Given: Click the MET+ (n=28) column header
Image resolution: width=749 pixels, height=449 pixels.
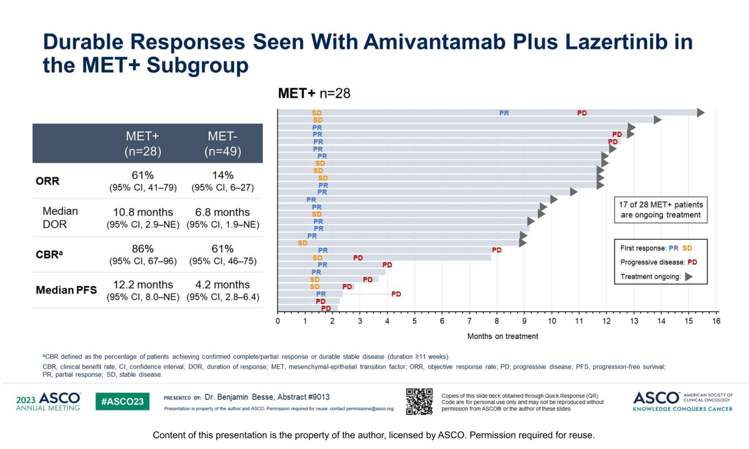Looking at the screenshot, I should pos(143,143).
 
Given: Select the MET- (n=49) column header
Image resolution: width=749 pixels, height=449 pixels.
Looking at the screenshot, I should pos(223,143).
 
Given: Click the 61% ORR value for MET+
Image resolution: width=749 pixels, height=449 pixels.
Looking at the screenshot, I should pos(143,175).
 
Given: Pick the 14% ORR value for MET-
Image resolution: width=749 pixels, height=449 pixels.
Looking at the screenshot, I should pos(223,175).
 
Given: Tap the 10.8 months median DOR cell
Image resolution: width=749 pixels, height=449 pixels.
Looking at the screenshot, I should pos(143,212).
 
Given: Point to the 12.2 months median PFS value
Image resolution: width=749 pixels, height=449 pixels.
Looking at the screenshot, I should pos(143,285).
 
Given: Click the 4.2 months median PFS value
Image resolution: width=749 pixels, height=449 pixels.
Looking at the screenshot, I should pos(223,285).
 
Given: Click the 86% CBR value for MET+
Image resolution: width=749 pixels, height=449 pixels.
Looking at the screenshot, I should pos(143,248).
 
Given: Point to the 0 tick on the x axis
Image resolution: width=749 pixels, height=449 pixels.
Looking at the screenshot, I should pos(277,321).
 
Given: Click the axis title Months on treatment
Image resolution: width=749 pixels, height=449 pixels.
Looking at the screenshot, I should pos(503,336).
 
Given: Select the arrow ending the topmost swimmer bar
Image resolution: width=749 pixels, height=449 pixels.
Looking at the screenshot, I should pos(700,113).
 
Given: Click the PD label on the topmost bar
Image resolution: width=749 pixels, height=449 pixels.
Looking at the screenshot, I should pos(582,113).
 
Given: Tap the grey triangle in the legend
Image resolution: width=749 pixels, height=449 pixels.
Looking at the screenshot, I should pos(689,277).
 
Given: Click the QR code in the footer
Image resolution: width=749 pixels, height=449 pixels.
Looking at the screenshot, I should pos(419,402).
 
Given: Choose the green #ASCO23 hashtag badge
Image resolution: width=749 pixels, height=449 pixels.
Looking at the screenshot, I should pos(122,402).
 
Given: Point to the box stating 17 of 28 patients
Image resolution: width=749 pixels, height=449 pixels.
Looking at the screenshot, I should pos(661,210).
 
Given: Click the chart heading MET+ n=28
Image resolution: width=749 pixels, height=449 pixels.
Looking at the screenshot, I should pos(314,94).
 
